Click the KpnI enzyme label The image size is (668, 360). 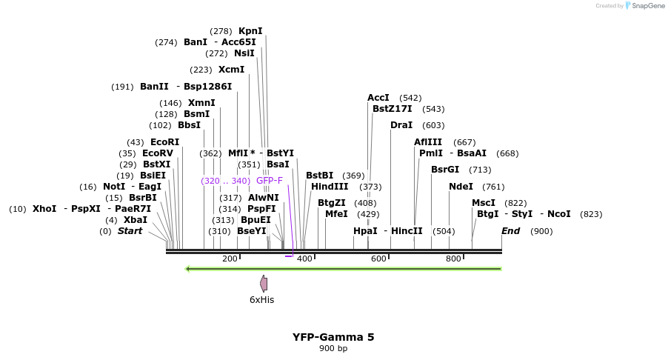click(250, 31)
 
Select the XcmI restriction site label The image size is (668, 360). click(231, 70)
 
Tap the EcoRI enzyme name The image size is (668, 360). click(164, 142)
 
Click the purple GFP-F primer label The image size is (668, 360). click(270, 181)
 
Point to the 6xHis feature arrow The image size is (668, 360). click(263, 283)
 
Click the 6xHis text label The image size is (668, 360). click(261, 300)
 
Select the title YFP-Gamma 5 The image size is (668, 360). click(333, 337)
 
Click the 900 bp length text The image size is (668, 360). click(333, 348)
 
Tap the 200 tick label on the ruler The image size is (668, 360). click(230, 259)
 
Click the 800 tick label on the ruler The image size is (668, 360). click(453, 259)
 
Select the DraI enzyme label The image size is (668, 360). click(401, 125)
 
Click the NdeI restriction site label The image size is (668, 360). click(460, 187)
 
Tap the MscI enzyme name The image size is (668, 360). click(484, 203)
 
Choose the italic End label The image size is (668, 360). click(510, 231)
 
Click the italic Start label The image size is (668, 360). click(130, 231)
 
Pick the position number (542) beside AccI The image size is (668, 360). click(410, 98)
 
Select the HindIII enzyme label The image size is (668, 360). click(330, 187)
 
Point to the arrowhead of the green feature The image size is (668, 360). click(188, 268)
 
